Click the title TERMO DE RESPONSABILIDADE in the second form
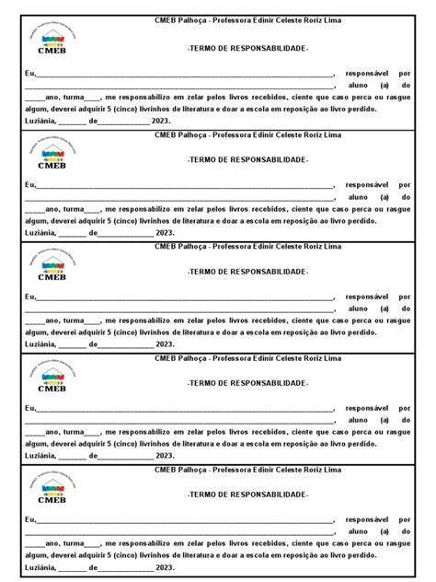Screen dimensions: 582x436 point(247,159)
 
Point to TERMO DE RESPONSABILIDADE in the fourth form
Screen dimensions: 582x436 point(247,382)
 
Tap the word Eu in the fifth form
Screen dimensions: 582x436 point(30,520)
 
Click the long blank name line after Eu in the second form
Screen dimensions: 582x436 point(184,185)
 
